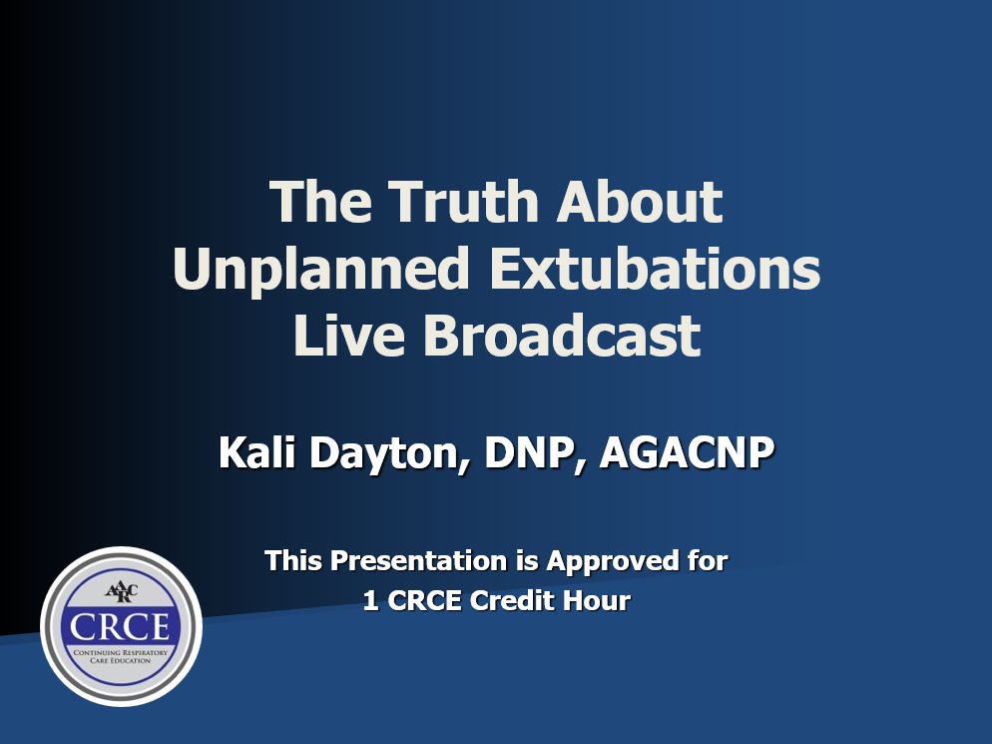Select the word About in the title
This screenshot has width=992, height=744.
tap(639, 202)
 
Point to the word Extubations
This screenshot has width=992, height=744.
tap(654, 269)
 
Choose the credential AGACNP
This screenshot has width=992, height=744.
tap(687, 452)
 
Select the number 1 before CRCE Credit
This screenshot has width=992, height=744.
tap(370, 600)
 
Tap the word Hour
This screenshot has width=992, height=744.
tap(597, 600)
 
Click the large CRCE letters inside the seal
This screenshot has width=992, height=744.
tap(120, 627)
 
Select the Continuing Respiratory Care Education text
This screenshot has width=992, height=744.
tap(121, 656)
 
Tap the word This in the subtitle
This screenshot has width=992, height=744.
tap(293, 561)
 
